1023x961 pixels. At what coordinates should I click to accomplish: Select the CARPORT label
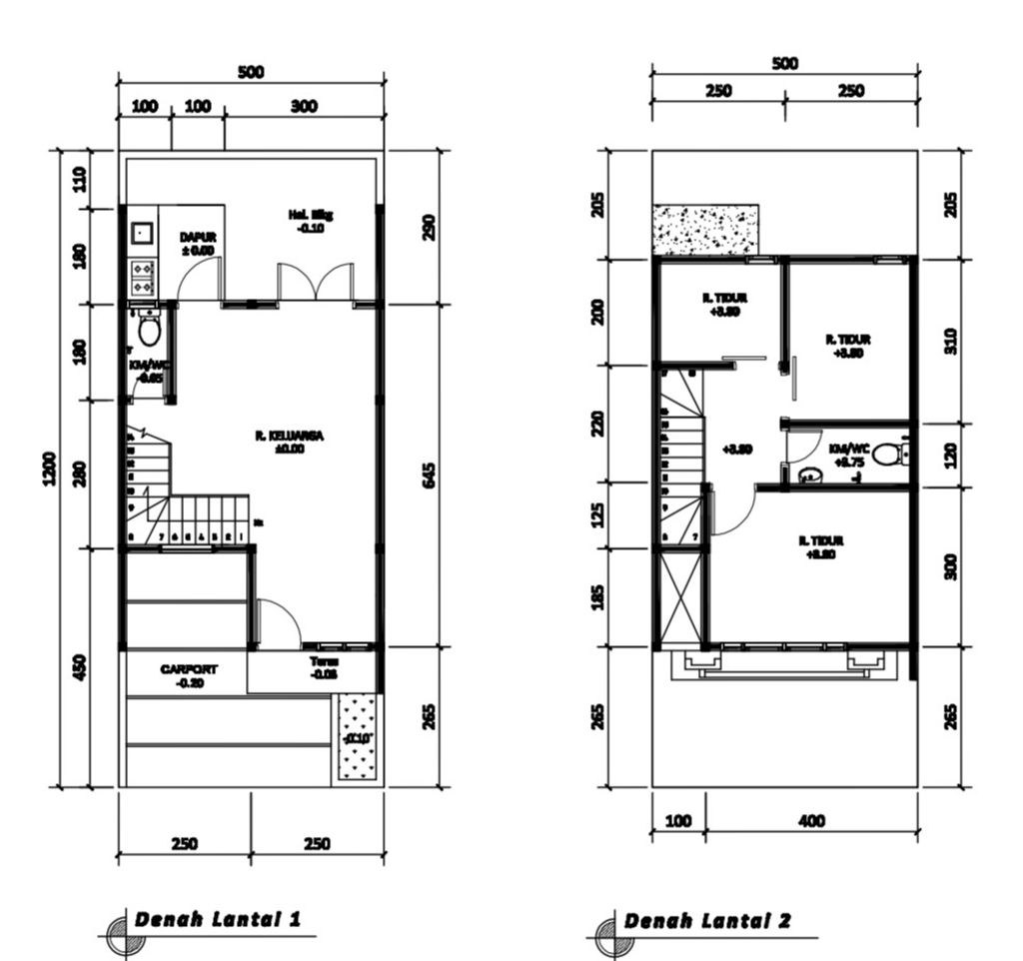[189, 675]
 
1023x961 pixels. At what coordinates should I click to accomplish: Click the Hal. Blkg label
[311, 220]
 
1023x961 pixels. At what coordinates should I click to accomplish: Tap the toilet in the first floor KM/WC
[150, 329]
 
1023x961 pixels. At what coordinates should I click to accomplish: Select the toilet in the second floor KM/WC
[885, 456]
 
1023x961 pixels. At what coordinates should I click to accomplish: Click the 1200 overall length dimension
[50, 469]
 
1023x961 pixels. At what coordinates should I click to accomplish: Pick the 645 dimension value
[430, 475]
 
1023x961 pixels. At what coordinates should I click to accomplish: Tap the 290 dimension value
[430, 227]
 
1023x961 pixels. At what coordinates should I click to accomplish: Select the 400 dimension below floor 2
[812, 821]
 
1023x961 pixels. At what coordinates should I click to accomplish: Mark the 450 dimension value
[80, 666]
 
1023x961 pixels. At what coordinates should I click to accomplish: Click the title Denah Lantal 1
[217, 919]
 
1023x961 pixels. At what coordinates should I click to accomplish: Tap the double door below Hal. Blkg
[315, 282]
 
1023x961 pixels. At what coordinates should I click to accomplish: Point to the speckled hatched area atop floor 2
[705, 229]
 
